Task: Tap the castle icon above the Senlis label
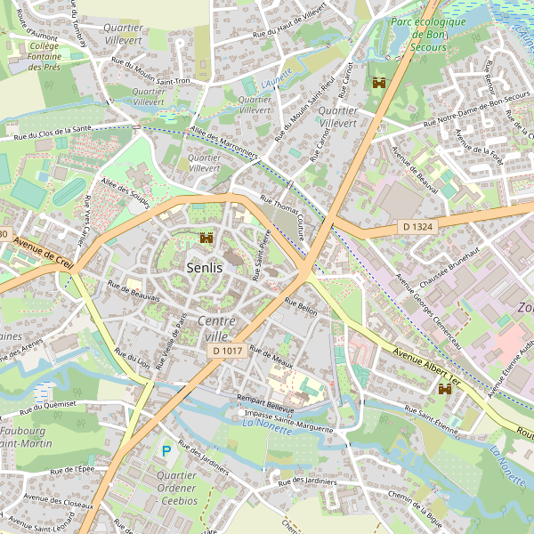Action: (x=207, y=238)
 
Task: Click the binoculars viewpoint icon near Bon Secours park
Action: (x=378, y=83)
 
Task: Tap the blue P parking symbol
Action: (x=166, y=452)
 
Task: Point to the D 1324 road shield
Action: (x=417, y=227)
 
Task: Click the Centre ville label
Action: (x=216, y=328)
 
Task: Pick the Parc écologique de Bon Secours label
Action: (x=427, y=34)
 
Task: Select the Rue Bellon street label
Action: (x=301, y=306)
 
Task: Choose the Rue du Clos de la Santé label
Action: (x=53, y=134)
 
